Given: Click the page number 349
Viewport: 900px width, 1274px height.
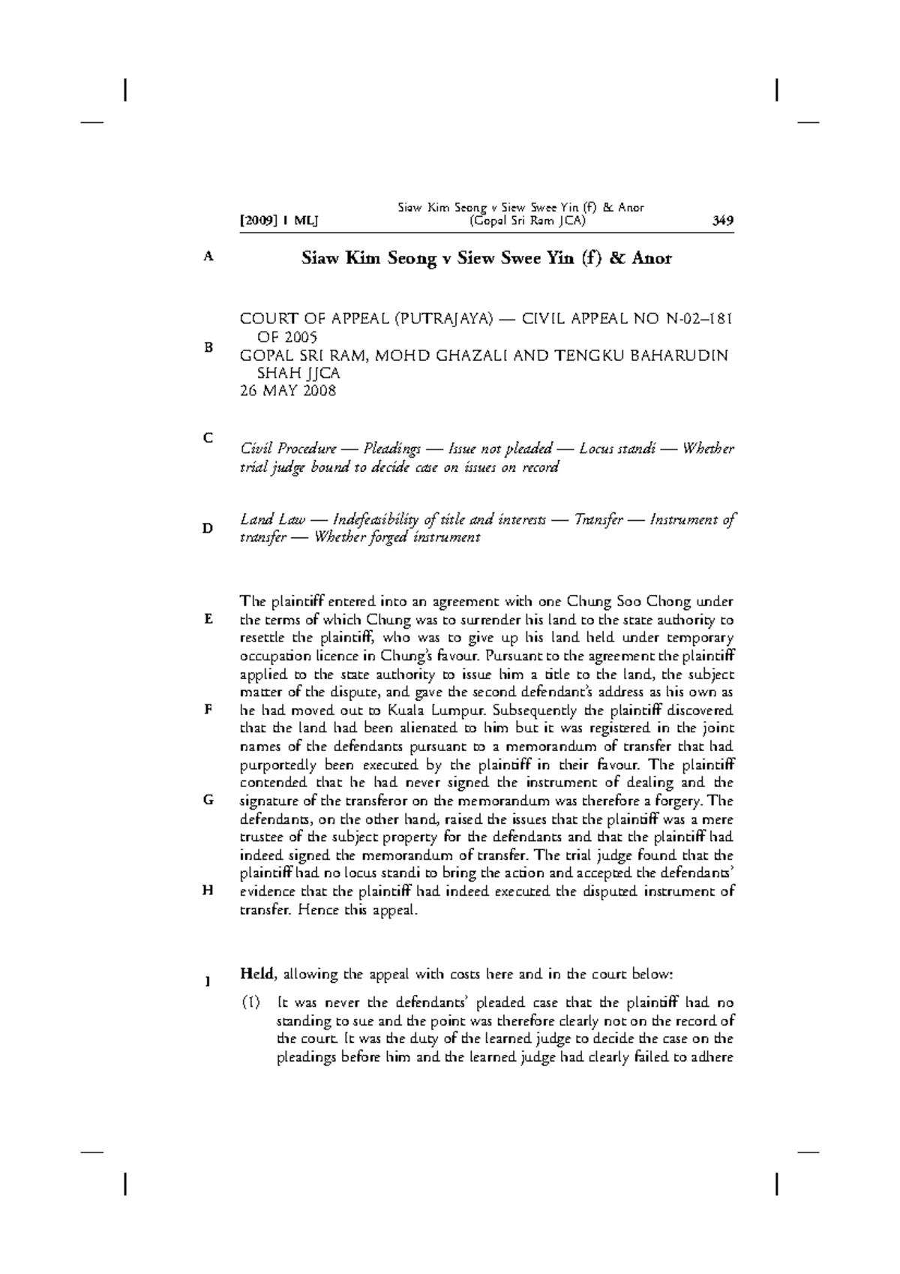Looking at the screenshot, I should point(723,221).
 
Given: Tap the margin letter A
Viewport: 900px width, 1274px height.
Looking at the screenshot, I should point(208,257).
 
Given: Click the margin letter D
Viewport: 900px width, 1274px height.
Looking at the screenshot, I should point(208,528).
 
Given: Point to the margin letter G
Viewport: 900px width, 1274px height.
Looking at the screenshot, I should point(208,800).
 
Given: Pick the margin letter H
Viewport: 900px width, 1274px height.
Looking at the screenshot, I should point(208,890).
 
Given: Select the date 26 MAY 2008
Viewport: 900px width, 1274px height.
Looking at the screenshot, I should point(288,391).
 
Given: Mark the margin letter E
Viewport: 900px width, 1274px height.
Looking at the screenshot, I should point(208,619).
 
